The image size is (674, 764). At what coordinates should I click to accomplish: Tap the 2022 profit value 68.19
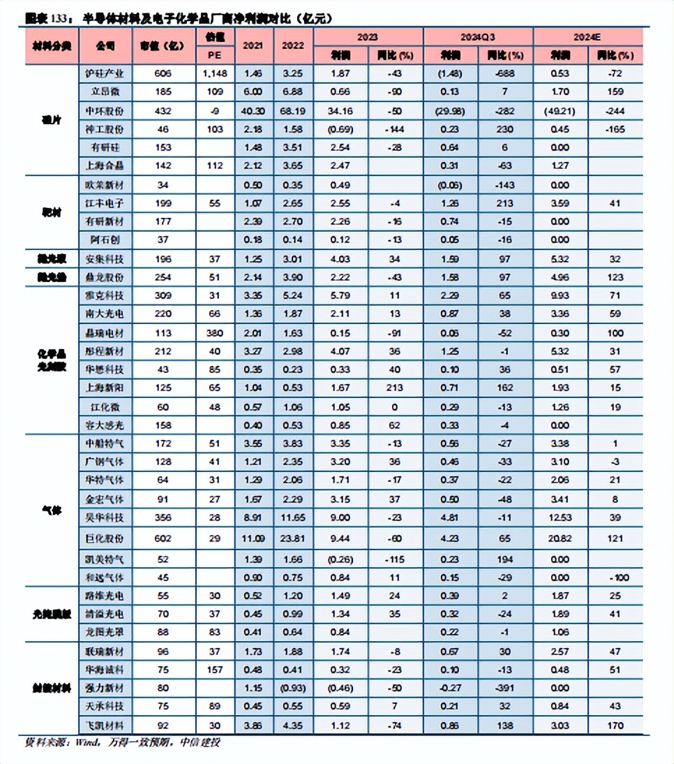(292, 110)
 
